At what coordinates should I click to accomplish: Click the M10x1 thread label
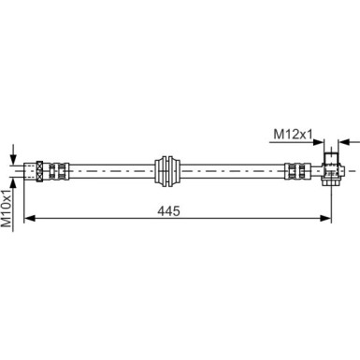point(8,208)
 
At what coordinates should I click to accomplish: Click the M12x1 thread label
point(292,135)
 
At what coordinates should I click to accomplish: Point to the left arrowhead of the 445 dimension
point(28,220)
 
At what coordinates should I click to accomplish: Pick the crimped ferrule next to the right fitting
point(296,171)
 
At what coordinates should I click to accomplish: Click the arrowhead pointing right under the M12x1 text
point(319,144)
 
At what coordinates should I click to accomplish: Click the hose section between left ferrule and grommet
point(108,171)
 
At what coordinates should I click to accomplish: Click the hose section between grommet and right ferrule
point(229,171)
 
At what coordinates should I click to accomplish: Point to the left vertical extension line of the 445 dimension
point(22,201)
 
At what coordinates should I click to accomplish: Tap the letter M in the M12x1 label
point(278,135)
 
